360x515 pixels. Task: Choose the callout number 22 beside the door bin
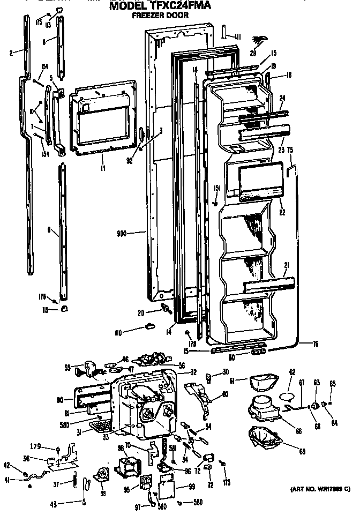click(282, 212)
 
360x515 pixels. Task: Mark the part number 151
click(216, 188)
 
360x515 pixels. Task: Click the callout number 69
click(303, 452)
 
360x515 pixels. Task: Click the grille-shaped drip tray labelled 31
click(100, 427)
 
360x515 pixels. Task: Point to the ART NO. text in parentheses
click(320, 489)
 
